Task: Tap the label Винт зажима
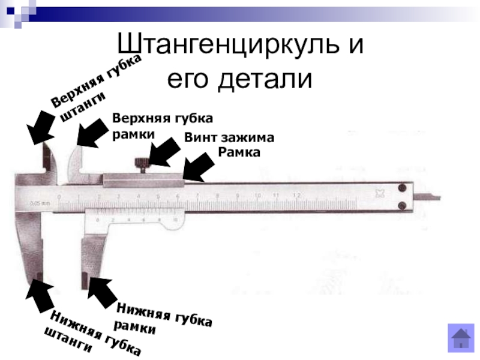pyautogui.click(x=229, y=137)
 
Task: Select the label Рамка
pyautogui.click(x=239, y=153)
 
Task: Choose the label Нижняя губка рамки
pyautogui.click(x=163, y=318)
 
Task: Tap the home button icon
pyautogui.click(x=461, y=337)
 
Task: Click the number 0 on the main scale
pyautogui.click(x=59, y=196)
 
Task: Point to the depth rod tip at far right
pyautogui.click(x=437, y=198)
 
